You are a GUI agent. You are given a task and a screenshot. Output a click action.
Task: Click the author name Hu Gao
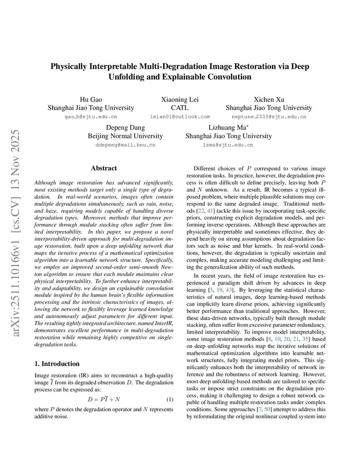[x=91, y=100]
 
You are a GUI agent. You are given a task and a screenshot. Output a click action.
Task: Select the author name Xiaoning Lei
[x=180, y=100]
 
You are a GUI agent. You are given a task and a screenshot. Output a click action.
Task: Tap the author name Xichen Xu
[x=269, y=100]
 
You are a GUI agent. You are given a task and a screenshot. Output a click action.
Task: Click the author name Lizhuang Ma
[x=227, y=128]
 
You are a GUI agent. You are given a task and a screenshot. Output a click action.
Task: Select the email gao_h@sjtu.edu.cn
[x=91, y=116]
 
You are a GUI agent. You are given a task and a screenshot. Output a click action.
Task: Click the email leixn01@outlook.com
[x=180, y=116]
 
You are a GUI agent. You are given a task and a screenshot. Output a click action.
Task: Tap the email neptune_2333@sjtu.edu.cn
[x=269, y=116]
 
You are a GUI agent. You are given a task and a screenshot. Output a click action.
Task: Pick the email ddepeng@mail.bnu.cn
[x=125, y=145]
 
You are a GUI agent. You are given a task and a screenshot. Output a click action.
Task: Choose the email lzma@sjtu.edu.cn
[x=228, y=145]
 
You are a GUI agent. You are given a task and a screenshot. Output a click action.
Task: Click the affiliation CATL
[x=180, y=108]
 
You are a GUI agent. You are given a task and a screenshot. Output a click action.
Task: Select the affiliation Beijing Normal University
[x=125, y=136]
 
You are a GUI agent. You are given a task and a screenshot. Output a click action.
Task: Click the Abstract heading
[x=104, y=168]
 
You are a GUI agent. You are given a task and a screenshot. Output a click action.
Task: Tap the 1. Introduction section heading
[x=57, y=364]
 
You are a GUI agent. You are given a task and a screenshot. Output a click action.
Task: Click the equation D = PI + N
[x=104, y=399]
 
